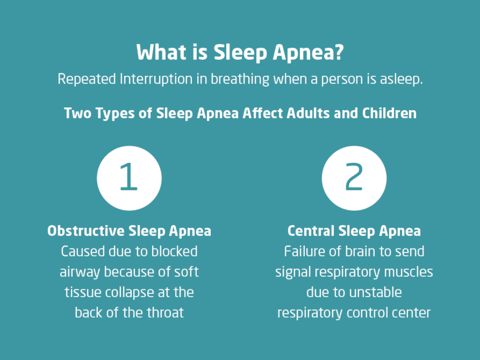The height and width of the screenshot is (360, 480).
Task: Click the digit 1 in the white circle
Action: [x=129, y=177]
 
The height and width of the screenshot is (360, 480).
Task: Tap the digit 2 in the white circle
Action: [x=354, y=177]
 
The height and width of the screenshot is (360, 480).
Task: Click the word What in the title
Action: [x=162, y=52]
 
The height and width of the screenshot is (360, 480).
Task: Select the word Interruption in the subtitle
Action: [x=156, y=79]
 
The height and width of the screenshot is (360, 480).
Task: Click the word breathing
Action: [x=240, y=79]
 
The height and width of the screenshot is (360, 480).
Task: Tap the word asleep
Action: [x=401, y=79]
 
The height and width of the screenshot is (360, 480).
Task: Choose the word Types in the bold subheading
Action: [x=115, y=114]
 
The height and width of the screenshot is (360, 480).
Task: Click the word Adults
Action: [x=308, y=113]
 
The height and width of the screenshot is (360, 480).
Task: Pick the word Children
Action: [x=389, y=113]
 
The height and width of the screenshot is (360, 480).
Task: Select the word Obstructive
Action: [x=86, y=231]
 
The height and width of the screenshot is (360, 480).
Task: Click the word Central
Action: [x=311, y=231]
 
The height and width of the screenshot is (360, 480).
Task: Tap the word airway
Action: [x=80, y=272]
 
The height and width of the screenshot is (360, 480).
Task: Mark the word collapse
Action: [x=129, y=293]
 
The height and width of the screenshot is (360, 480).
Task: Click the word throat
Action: [x=165, y=312]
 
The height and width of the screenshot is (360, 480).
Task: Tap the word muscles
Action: [x=408, y=272]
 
